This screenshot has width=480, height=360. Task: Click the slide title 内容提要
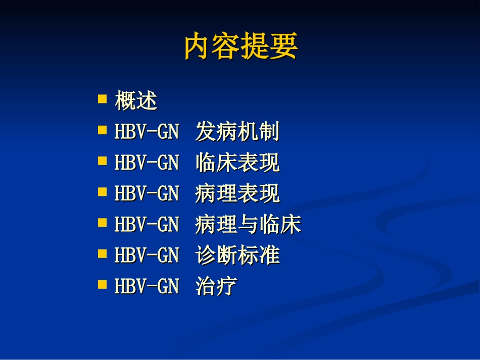pyautogui.click(x=241, y=46)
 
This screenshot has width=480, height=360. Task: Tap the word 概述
pyautogui.click(x=136, y=101)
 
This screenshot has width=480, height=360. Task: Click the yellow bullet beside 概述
pyautogui.click(x=103, y=98)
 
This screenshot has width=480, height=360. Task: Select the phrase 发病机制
pyautogui.click(x=237, y=132)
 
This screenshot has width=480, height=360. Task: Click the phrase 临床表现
pyautogui.click(x=237, y=163)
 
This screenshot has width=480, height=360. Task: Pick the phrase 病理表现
pyautogui.click(x=237, y=194)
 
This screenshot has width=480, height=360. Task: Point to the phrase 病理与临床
pyautogui.click(x=248, y=225)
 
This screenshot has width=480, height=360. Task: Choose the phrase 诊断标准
pyautogui.click(x=237, y=255)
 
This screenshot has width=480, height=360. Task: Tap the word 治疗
pyautogui.click(x=216, y=287)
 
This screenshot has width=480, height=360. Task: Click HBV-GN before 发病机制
pyautogui.click(x=147, y=132)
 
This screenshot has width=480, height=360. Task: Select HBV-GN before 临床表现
pyautogui.click(x=147, y=163)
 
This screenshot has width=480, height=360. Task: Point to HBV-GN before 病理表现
pyautogui.click(x=147, y=194)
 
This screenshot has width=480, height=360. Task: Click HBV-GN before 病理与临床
pyautogui.click(x=147, y=225)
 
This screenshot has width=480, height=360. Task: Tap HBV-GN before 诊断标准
pyautogui.click(x=147, y=255)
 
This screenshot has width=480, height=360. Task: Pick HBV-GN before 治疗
pyautogui.click(x=147, y=287)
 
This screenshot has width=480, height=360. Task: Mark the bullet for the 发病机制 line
pyautogui.click(x=103, y=130)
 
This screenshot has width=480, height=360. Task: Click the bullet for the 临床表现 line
pyautogui.click(x=103, y=161)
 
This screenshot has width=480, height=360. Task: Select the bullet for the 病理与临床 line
pyautogui.click(x=103, y=222)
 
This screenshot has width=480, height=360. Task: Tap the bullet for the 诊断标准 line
pyautogui.click(x=103, y=253)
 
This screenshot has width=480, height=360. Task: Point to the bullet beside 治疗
pyautogui.click(x=103, y=284)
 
